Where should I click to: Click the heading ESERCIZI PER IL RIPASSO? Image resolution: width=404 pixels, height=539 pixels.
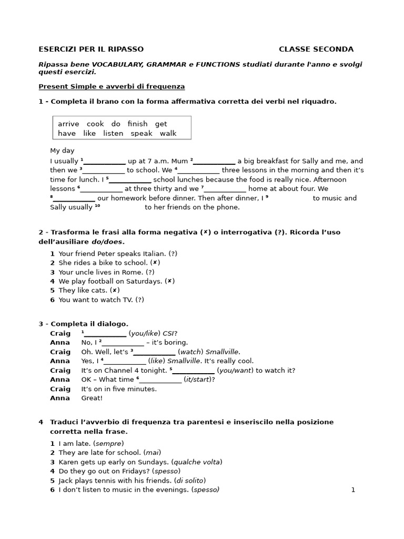click(91, 49)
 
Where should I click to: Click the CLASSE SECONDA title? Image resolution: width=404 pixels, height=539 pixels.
click(316, 49)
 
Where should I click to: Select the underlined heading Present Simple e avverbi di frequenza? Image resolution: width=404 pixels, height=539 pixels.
click(112, 86)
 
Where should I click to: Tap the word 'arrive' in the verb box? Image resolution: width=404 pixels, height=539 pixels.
click(68, 124)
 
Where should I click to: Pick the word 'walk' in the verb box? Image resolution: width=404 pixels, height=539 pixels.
click(168, 133)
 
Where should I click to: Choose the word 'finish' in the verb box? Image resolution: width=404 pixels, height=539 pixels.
click(137, 124)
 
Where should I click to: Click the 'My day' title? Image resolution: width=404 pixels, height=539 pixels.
click(62, 151)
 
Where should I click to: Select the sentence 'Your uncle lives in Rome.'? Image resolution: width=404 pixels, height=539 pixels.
click(102, 272)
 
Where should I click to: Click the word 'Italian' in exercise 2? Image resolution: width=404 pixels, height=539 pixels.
click(151, 253)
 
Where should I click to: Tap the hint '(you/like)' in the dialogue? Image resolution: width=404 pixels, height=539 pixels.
click(144, 333)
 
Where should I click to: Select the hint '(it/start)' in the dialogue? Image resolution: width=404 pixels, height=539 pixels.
click(199, 379)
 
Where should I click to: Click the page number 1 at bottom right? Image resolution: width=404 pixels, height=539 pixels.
click(353, 490)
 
